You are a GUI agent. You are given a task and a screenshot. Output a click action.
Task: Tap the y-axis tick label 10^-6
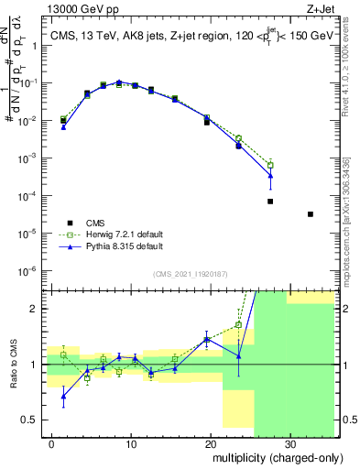[29, 271]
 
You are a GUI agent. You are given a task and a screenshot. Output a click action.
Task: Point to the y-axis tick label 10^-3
[29, 158]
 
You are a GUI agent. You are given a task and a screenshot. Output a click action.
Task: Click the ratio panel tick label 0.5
[33, 420]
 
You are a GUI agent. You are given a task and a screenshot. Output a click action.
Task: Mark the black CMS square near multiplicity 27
[270, 202]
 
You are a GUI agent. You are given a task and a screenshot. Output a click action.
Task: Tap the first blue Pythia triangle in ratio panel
[63, 397]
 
